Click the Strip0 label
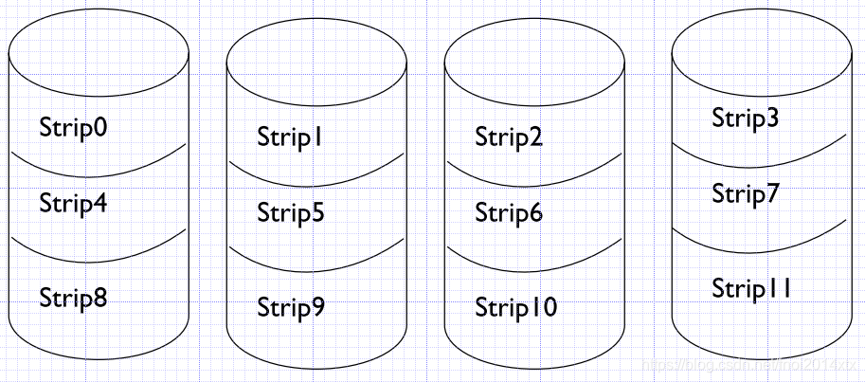[x=73, y=128]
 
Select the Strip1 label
[x=291, y=137]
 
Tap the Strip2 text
[x=509, y=137]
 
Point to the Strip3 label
[x=746, y=118]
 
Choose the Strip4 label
[x=73, y=203]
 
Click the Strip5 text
[x=291, y=213]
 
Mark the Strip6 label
[x=509, y=213]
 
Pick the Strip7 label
[x=746, y=194]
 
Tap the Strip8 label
[x=73, y=299]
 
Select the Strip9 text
[x=291, y=308]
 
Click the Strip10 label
[x=516, y=308]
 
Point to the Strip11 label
[x=751, y=288]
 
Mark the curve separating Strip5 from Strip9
[x=316, y=269]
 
